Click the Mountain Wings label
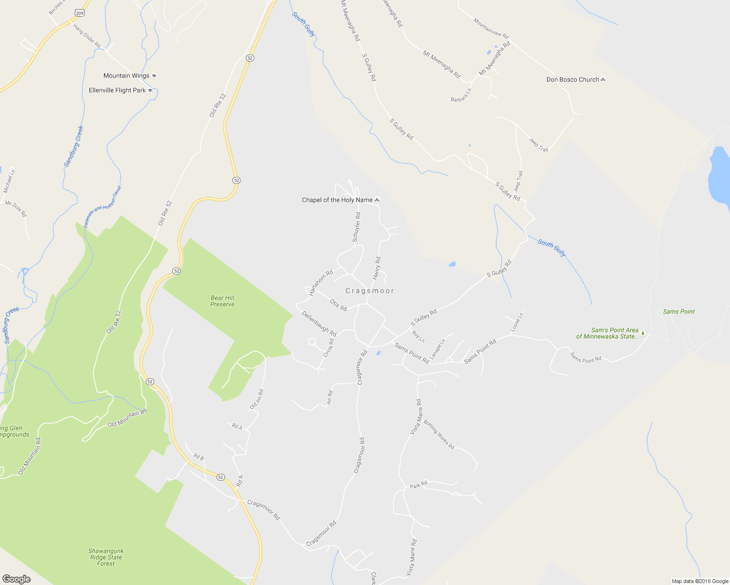point(126,76)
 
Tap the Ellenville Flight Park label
point(117,90)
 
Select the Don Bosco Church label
point(572,79)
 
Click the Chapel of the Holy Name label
point(337,200)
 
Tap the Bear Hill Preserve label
point(223,301)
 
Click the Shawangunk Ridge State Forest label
point(106,557)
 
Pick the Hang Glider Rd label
point(87,36)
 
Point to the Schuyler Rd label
point(357,227)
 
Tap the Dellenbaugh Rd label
point(319,324)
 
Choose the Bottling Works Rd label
point(439,434)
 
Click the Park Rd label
point(418,485)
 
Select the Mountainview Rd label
point(491,28)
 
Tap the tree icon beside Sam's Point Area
point(643,333)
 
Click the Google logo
point(16,579)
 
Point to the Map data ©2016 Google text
point(700,581)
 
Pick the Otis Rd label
point(338,305)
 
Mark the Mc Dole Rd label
point(16,209)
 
